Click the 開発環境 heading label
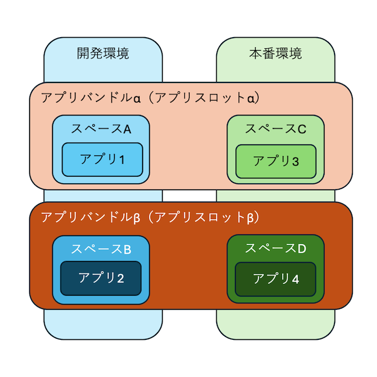[103, 54]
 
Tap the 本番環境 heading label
[276, 54]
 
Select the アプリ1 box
[103, 159]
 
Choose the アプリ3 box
[276, 160]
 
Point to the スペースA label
[101, 129]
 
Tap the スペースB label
[101, 249]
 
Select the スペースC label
[276, 129]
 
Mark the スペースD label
[276, 248]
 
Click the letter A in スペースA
[126, 129]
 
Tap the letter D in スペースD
[302, 248]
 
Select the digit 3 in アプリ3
[295, 160]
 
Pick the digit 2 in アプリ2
[120, 279]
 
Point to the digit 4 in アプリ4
[295, 279]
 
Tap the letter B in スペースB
[127, 249]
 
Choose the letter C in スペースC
[302, 129]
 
